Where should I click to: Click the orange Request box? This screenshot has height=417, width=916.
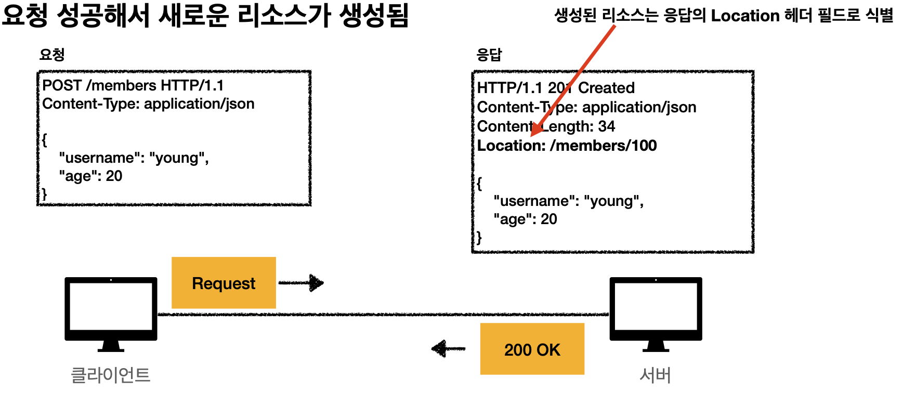(224, 283)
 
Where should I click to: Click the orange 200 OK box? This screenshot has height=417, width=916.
(532, 349)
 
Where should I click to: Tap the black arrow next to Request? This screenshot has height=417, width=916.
(302, 283)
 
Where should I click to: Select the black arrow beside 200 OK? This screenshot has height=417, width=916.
(448, 348)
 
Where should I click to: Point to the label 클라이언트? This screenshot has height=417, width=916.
(110, 375)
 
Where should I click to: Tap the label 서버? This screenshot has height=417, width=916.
(655, 375)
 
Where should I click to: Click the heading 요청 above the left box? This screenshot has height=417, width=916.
(52, 55)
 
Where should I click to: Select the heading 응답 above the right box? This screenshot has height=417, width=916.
(489, 55)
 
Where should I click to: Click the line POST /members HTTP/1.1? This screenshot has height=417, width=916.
(133, 85)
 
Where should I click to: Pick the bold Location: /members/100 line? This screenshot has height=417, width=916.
(567, 146)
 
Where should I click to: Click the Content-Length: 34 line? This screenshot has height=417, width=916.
(546, 126)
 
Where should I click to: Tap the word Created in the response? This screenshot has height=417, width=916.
(606, 88)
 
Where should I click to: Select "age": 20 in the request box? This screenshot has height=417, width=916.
(90, 176)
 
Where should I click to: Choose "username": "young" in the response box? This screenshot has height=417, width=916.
(568, 201)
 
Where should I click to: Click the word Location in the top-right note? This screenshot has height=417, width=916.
(745, 16)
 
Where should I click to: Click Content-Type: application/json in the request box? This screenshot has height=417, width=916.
(148, 104)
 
